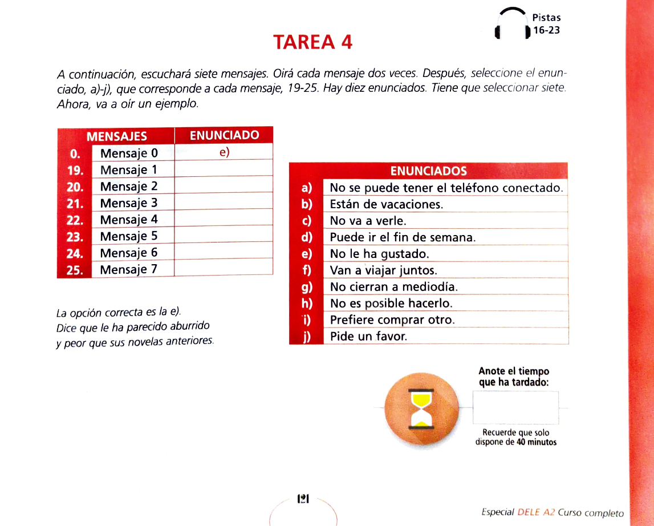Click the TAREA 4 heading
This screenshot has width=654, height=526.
click(312, 42)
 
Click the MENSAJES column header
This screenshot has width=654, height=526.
click(116, 136)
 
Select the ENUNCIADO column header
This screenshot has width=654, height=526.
click(224, 135)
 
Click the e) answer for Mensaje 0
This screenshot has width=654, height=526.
click(224, 152)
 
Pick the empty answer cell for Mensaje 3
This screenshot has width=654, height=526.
click(224, 203)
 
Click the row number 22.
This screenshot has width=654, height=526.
click(75, 220)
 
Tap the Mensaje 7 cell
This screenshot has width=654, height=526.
click(128, 269)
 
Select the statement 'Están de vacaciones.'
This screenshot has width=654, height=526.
click(386, 204)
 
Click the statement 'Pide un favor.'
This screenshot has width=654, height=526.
click(368, 337)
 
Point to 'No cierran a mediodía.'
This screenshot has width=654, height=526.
click(394, 287)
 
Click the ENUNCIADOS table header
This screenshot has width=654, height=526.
click(428, 171)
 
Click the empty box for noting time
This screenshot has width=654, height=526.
click(515, 407)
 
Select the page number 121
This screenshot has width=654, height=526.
click(303, 499)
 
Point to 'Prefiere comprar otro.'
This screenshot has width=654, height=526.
click(392, 320)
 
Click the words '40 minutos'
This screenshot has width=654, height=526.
click(537, 442)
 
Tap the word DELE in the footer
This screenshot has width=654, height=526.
click(529, 512)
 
